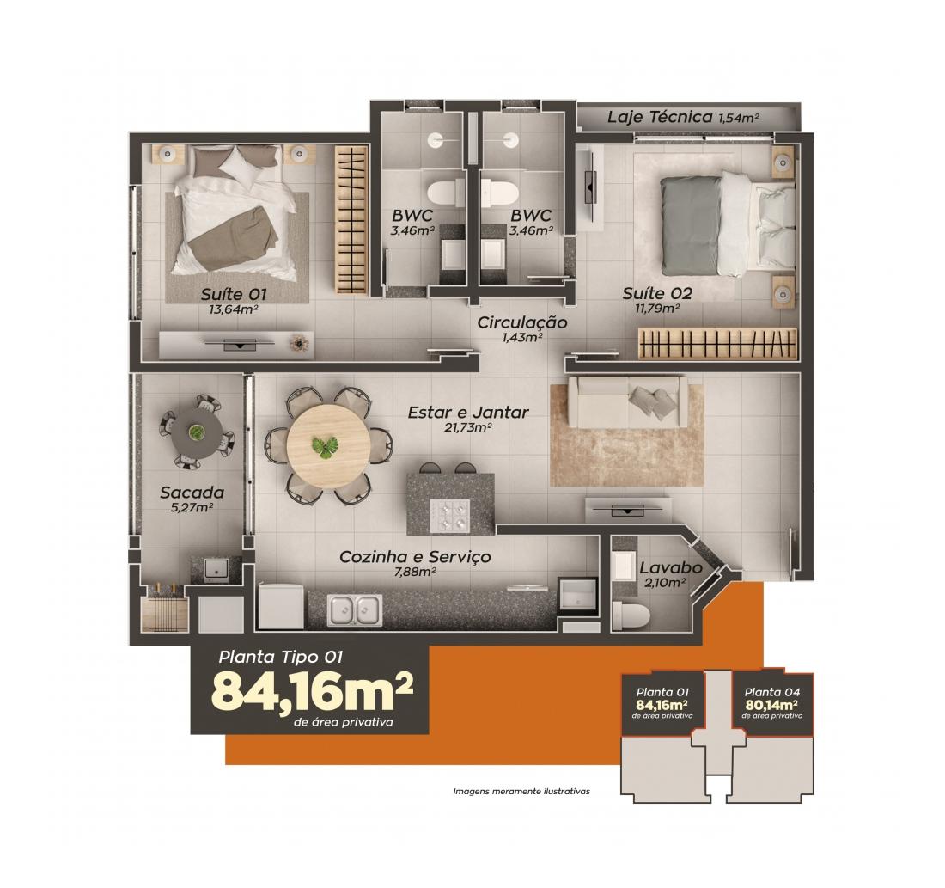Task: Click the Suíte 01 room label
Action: (x=233, y=294)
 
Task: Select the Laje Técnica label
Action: (x=659, y=116)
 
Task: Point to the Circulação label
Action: (x=522, y=322)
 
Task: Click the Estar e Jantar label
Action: (x=468, y=413)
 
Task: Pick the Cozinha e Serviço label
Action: (x=415, y=557)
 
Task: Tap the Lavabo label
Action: (x=671, y=567)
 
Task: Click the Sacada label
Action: (x=192, y=493)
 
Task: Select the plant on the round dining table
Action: (x=325, y=446)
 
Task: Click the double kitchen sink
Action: (x=355, y=609)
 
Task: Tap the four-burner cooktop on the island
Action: (x=449, y=515)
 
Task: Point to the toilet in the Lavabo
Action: (x=631, y=616)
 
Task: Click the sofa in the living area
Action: (x=627, y=401)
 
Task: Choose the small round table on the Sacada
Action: (x=196, y=432)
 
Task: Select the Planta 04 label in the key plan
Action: (x=772, y=693)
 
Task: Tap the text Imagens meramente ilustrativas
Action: (x=521, y=792)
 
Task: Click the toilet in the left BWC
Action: (x=446, y=194)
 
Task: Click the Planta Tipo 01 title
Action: (x=281, y=657)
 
